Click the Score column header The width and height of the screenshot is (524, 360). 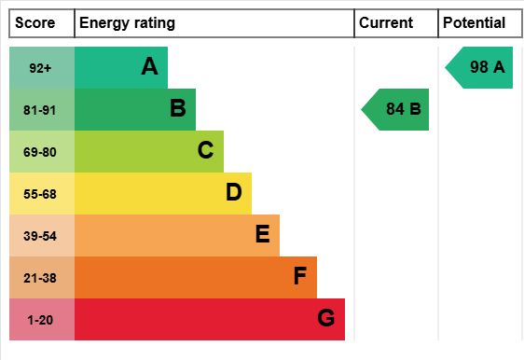[x=35, y=23]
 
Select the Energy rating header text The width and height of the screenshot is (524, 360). [x=127, y=23]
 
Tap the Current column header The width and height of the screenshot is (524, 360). [x=386, y=23]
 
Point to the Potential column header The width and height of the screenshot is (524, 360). [x=474, y=23]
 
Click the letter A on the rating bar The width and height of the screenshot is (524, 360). [x=149, y=66]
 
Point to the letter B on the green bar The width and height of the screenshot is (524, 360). [x=178, y=108]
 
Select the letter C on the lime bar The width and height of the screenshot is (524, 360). [x=205, y=150]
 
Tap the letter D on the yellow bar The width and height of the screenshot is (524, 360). [x=234, y=192]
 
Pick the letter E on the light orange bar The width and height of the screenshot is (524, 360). [x=262, y=234]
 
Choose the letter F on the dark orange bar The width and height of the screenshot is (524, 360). [x=300, y=276]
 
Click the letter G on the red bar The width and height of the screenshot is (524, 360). [x=325, y=317]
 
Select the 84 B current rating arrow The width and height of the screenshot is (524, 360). [x=395, y=110]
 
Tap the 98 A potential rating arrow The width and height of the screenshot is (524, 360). [x=479, y=67]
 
